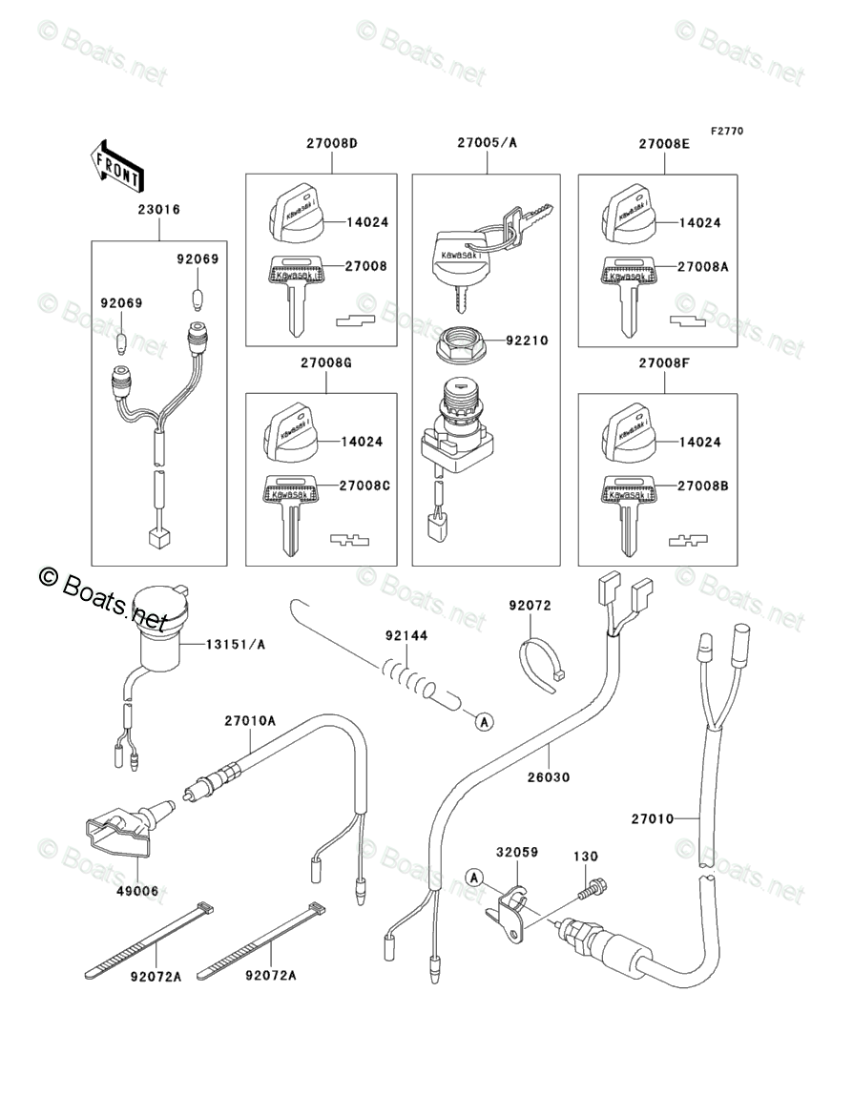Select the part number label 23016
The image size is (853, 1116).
(159, 209)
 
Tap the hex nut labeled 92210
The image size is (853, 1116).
(467, 342)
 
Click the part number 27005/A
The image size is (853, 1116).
(487, 143)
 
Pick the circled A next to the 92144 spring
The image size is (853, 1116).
(484, 722)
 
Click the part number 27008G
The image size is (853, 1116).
(327, 364)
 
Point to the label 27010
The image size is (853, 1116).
(653, 818)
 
